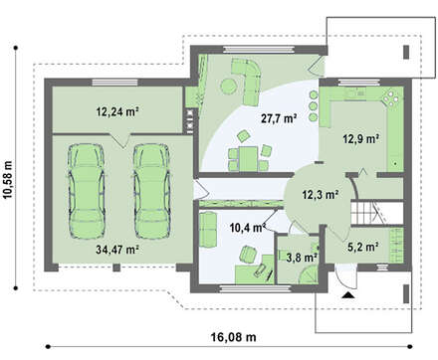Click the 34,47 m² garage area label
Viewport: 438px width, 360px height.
click(117, 250)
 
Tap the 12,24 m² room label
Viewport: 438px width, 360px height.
click(117, 111)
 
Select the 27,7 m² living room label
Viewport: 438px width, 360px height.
click(279, 118)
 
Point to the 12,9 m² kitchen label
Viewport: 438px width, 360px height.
click(361, 138)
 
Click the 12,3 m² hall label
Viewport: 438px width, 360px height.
click(321, 195)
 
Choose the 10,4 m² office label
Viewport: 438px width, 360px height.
click(248, 228)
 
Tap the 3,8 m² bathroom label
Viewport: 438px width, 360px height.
click(302, 258)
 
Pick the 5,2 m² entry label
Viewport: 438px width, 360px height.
click(363, 247)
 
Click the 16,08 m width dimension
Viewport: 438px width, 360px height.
click(234, 337)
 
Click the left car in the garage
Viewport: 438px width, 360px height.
click(87, 191)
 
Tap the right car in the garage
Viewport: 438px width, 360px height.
click(152, 191)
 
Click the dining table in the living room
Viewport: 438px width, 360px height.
click(248, 159)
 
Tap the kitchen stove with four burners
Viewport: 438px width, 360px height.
click(392, 97)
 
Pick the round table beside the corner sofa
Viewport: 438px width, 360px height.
click(229, 86)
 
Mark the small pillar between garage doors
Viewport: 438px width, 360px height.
click(116, 268)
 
